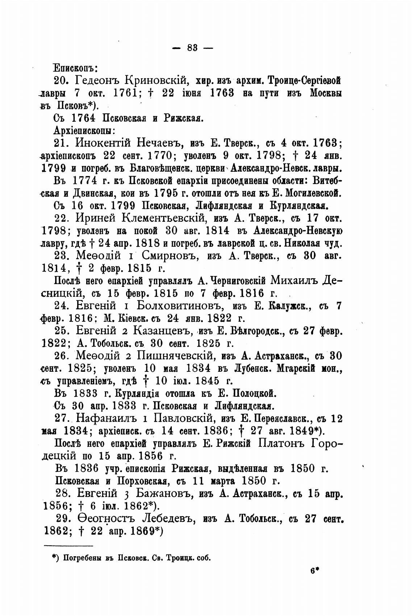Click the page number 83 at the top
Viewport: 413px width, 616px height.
[192, 47]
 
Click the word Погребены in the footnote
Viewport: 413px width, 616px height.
[81, 558]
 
